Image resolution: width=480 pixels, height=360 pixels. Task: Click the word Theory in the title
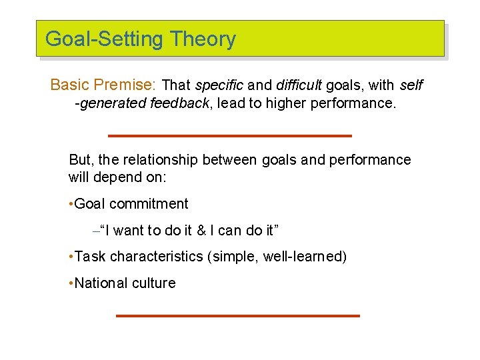tap(203, 39)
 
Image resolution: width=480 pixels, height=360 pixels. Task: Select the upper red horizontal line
tap(229, 136)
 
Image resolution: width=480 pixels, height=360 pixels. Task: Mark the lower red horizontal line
tap(237, 315)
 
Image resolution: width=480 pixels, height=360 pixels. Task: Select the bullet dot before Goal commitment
tap(71, 205)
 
